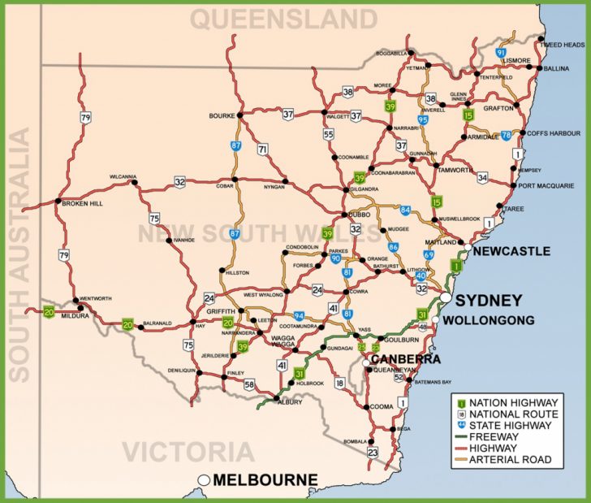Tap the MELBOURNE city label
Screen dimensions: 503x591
pos(265,480)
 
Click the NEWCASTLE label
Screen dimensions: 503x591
pos(511,252)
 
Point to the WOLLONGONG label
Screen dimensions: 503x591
pos(489,320)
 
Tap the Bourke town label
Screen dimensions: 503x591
pos(221,115)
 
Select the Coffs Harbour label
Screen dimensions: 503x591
pos(554,133)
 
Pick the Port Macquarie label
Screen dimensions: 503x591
pos(550,185)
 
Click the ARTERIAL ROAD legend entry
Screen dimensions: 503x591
pos(517,460)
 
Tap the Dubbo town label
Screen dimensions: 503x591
pos(360,215)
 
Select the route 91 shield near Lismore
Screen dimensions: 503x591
pos(501,53)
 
